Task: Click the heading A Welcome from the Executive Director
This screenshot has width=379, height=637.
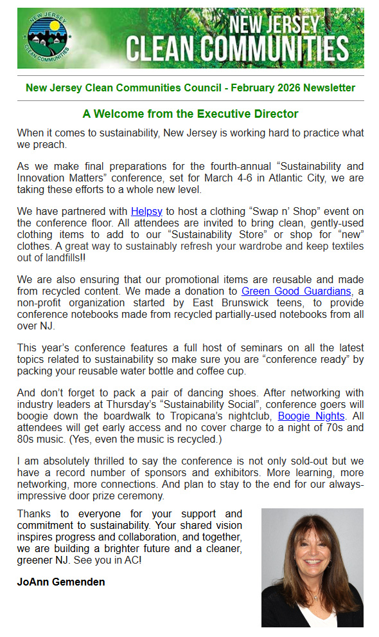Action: tap(190, 114)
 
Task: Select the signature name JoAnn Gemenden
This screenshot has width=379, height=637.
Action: tap(61, 582)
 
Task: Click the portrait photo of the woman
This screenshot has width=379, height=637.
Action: tap(312, 567)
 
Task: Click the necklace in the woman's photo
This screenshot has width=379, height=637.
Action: tap(315, 596)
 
